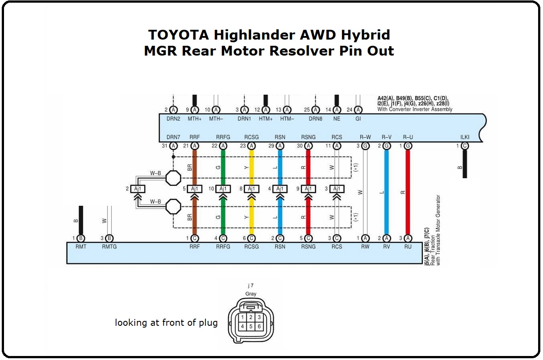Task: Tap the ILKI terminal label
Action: (x=465, y=137)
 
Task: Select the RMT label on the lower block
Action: (x=80, y=247)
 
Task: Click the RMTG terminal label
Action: (x=109, y=247)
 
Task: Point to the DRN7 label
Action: (x=173, y=137)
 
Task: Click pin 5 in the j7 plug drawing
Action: (x=251, y=327)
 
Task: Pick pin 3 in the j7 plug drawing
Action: (x=259, y=317)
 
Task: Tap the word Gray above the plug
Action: (x=251, y=294)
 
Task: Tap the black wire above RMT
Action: (x=81, y=220)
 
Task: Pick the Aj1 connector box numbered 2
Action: (x=138, y=189)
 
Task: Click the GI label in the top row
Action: (x=358, y=119)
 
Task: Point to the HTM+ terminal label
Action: (x=266, y=119)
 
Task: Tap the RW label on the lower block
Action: (x=365, y=247)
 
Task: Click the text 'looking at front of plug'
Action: (x=166, y=323)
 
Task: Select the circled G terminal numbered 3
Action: (x=365, y=146)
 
